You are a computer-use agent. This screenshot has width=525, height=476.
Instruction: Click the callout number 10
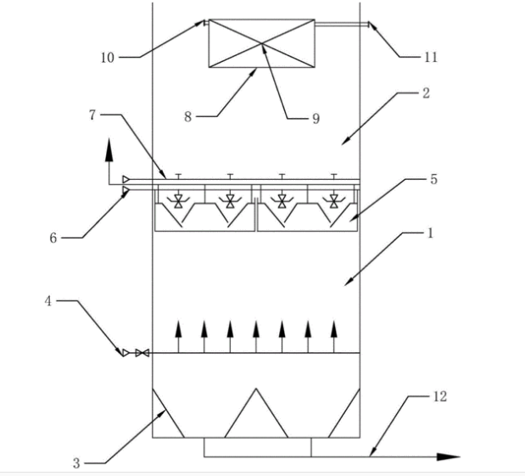108,58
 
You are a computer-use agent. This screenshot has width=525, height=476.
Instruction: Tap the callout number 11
431,58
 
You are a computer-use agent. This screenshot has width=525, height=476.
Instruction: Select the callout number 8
187,117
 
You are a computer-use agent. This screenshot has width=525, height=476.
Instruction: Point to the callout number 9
316,119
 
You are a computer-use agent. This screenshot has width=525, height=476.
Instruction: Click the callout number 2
426,93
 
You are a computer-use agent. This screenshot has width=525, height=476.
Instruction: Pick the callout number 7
92,115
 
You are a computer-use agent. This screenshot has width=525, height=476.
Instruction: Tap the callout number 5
434,179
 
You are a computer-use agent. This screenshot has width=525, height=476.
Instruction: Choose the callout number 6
53,238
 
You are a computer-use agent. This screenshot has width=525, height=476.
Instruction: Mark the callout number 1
431,233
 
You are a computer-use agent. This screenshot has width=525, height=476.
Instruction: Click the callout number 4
48,301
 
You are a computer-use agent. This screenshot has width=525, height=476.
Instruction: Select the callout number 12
440,396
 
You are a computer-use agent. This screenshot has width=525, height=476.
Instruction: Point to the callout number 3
76,463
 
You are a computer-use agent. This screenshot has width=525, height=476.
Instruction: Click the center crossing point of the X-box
261,43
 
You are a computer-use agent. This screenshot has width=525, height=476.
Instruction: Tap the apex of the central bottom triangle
256,389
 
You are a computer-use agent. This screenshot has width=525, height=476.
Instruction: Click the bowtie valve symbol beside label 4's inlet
142,353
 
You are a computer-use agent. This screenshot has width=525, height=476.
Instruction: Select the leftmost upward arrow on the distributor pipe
178,337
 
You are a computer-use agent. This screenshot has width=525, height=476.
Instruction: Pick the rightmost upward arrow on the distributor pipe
334,337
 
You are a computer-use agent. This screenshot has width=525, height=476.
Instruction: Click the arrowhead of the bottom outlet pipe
449,456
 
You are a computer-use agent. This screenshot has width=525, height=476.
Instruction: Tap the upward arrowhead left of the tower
109,151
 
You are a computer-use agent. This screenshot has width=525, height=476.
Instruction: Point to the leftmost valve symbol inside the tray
178,201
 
